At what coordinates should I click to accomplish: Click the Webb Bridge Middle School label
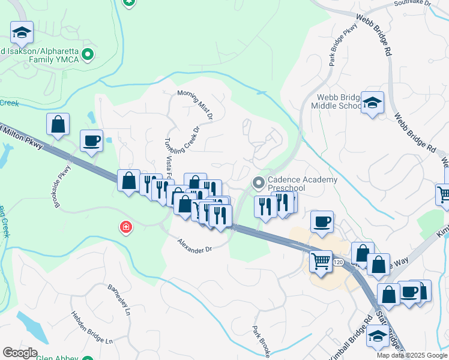point(336,101)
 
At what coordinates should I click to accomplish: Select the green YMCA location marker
point(88,55)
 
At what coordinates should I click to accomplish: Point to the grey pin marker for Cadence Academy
point(259,181)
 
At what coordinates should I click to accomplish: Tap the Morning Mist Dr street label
point(195,103)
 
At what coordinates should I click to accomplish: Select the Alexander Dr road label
point(194,245)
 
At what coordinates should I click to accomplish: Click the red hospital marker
point(125,227)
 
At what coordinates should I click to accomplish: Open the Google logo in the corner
point(20,352)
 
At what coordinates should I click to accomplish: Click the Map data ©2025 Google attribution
point(411,355)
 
